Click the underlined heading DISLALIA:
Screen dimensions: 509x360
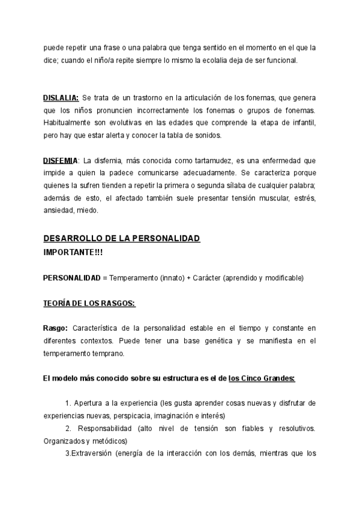61,97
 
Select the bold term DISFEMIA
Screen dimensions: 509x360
60,161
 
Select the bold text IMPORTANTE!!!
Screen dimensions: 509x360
73,252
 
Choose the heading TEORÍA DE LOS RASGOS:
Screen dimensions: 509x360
89,304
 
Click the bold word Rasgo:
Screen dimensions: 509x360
56,328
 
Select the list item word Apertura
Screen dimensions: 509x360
88,403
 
